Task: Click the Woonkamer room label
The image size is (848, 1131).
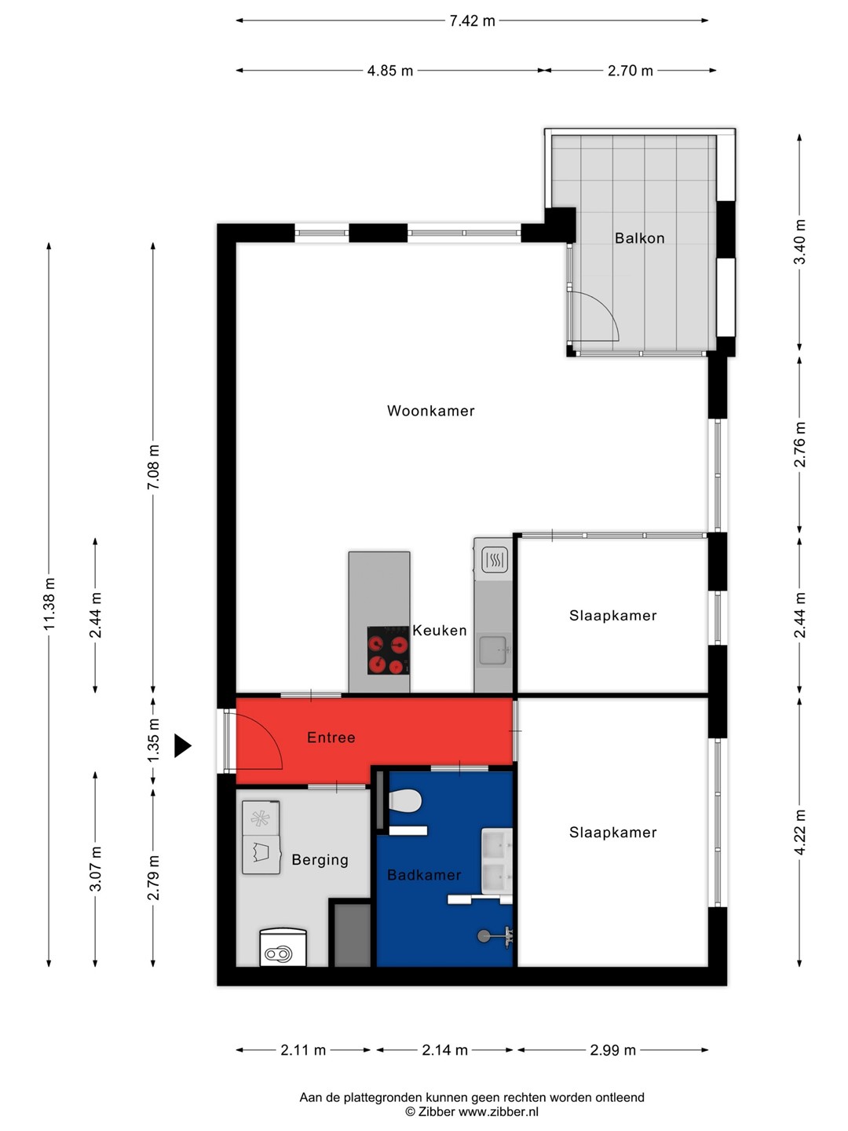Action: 430,411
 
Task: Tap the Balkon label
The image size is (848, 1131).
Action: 639,238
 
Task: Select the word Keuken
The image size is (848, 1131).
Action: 439,630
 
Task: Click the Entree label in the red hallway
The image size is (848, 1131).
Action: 331,738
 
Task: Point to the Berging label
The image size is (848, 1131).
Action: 320,859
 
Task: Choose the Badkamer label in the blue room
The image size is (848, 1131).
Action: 424,874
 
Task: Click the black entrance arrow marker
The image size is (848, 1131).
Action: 182,745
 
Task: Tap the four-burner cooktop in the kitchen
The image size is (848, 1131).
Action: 388,650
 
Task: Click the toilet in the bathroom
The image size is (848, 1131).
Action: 405,800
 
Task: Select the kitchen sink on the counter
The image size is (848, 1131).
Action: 493,650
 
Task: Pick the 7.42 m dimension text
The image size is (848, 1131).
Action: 472,20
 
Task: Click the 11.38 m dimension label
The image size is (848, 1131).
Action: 49,604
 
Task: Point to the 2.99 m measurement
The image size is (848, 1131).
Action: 612,1050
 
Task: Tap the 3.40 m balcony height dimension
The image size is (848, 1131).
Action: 799,242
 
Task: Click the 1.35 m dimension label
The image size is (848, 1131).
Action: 153,741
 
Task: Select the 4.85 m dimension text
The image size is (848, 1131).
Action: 389,71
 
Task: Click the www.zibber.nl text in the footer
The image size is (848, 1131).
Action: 499,1112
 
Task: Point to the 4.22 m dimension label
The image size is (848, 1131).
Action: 799,832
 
